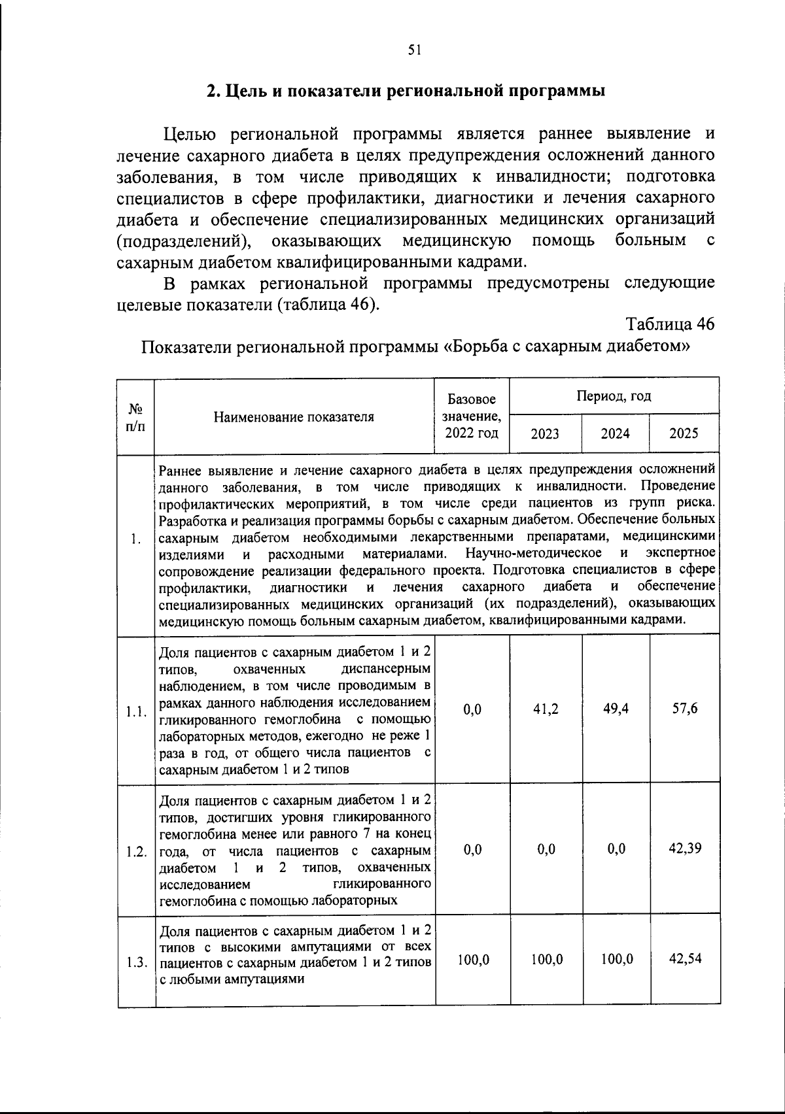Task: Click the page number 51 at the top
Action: click(x=413, y=50)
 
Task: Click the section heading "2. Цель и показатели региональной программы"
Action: click(x=406, y=91)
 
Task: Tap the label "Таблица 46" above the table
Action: click(x=670, y=324)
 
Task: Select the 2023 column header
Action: click(x=545, y=433)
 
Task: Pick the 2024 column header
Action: click(x=615, y=433)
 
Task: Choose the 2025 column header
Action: click(x=684, y=433)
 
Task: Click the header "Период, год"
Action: click(x=613, y=397)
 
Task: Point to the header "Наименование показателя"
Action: click(x=294, y=417)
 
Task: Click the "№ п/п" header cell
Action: click(x=135, y=417)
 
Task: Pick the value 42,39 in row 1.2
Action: click(x=685, y=849)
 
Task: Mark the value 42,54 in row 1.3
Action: click(x=685, y=960)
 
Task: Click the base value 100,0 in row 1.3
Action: click(x=473, y=960)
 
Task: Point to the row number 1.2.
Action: click(x=136, y=852)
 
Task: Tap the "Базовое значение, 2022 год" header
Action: click(x=472, y=416)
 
